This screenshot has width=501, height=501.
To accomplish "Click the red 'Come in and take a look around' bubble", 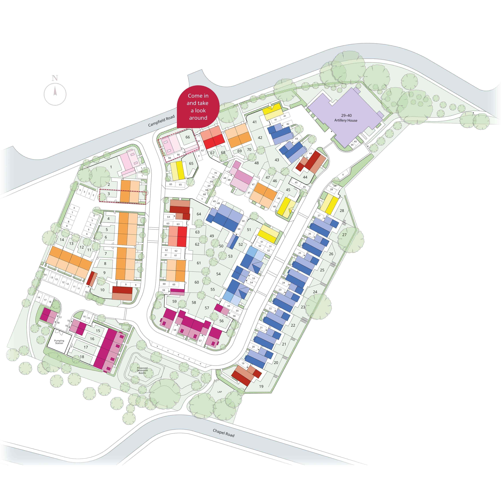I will tap(198, 107).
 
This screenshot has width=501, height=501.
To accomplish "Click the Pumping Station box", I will tap(59, 342).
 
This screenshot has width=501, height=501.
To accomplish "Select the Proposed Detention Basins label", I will tap(142, 370).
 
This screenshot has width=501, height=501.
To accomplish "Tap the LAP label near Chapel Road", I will tap(220, 392).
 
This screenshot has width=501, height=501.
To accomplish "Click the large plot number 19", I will tap(261, 386).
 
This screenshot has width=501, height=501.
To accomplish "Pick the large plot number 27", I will tap(344, 235).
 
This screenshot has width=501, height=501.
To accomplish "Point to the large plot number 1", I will tap(111, 167).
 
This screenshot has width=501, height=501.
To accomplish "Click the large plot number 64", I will tap(199, 214).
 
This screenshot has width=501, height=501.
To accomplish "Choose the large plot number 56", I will tap(221, 321).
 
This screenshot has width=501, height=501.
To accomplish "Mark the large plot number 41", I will tap(254, 122).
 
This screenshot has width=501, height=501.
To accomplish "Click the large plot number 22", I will tap(293, 325).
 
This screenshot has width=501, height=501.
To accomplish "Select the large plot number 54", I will tap(218, 274).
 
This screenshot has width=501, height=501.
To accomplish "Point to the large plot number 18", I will tap(82, 357).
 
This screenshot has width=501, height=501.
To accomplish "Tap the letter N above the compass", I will tap(55, 78).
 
